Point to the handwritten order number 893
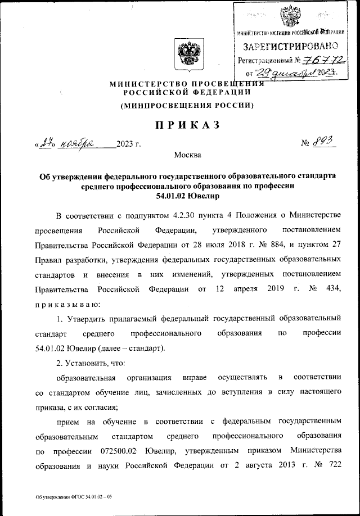pyautogui.click(x=321, y=143)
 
